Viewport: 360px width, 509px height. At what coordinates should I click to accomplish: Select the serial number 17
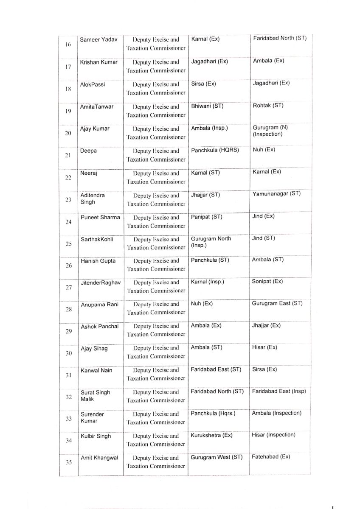point(68,67)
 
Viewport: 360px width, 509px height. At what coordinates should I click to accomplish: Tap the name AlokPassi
point(93,84)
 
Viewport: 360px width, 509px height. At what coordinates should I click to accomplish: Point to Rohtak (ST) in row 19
point(268,105)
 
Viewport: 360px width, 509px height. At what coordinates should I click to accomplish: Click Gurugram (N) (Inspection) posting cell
point(268,131)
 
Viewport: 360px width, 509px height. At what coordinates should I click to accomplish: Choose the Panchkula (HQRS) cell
point(215,150)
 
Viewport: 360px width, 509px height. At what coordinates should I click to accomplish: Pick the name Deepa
point(88,151)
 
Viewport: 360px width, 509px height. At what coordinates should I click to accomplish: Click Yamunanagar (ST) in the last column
point(276,193)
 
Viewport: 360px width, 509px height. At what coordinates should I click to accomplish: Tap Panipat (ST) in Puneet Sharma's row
point(207,217)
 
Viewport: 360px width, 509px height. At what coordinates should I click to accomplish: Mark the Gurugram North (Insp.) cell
point(211,242)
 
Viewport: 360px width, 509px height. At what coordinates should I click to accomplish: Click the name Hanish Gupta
point(98,261)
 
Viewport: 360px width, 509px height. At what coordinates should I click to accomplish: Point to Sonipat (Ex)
point(267,281)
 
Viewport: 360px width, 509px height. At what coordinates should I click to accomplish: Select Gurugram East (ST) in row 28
point(277,303)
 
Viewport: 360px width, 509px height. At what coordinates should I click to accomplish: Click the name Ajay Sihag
point(94,349)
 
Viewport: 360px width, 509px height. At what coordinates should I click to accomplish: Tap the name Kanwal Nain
point(97,370)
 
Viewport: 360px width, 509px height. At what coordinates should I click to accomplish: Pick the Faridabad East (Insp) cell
point(279,391)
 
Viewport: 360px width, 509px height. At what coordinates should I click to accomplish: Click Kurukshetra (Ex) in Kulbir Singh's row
point(212,435)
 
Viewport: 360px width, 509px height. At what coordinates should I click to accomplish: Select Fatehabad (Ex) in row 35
point(271,457)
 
